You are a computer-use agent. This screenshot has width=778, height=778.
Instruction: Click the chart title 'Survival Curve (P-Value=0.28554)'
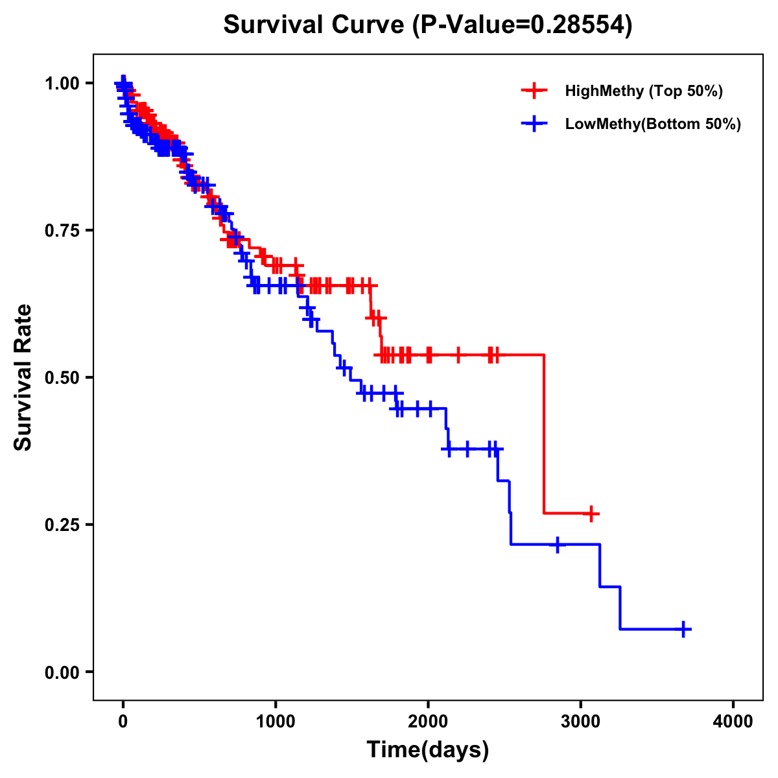tap(428, 25)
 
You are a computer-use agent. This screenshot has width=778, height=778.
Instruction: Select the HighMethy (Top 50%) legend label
tap(644, 91)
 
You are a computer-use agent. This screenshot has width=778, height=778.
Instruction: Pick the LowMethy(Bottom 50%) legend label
tap(653, 124)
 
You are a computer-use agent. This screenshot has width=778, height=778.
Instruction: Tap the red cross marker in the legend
tap(534, 91)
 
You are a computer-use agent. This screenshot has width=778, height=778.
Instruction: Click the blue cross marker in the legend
tap(534, 124)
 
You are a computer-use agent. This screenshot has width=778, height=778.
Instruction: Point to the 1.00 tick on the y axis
tap(62, 83)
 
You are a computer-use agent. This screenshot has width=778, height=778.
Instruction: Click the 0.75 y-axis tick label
tap(62, 230)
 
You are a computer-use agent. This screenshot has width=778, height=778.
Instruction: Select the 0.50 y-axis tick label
tap(62, 377)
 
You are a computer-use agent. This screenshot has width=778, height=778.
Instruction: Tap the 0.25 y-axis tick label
tap(62, 525)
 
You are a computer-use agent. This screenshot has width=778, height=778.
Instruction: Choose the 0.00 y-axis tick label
tap(62, 672)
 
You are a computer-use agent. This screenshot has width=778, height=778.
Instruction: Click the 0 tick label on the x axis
tap(123, 722)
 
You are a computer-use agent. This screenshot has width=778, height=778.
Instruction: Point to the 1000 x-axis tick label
tap(276, 722)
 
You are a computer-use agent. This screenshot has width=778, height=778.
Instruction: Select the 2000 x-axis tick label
tap(428, 722)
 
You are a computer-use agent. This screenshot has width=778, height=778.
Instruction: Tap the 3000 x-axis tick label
tap(581, 722)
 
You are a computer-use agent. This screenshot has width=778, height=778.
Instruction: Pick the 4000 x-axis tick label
tap(733, 722)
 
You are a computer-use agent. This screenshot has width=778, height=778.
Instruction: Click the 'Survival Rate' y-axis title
tap(23, 377)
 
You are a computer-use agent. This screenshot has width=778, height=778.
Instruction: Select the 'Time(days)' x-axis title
tap(428, 750)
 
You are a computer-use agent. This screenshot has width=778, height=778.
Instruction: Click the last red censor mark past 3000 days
tap(591, 513)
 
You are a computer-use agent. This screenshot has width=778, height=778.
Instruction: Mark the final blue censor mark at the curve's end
tap(683, 629)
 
